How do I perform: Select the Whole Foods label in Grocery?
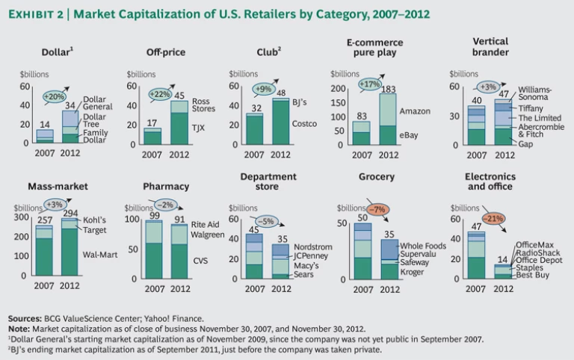pyautogui.click(x=422, y=246)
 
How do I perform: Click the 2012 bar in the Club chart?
pyautogui.click(x=280, y=120)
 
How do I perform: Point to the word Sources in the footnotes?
pyautogui.click(x=26, y=318)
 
